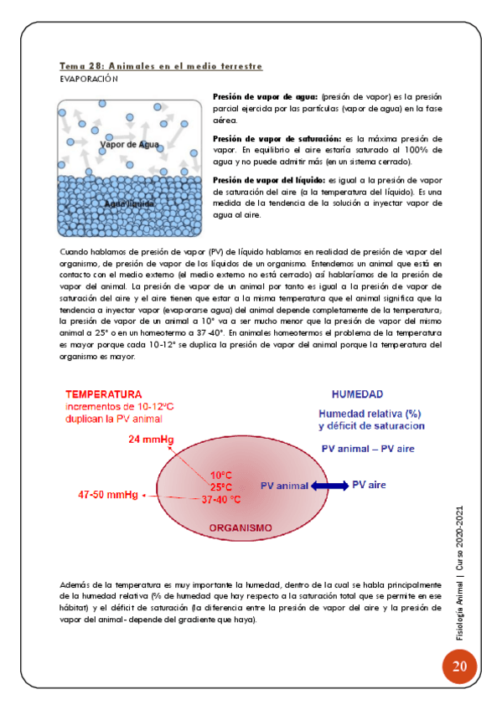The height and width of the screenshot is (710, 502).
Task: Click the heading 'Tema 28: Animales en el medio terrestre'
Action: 161,65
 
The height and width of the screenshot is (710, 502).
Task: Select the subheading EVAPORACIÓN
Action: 89,79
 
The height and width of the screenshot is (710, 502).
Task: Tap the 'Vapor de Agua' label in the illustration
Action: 130,145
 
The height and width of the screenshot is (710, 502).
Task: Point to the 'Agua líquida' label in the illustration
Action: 131,203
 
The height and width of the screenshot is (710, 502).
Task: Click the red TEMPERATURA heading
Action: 104,394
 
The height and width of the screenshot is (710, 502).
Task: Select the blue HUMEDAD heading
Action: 358,394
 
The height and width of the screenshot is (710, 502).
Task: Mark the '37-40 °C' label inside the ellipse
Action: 221,500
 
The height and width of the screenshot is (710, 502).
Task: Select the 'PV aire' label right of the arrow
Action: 369,484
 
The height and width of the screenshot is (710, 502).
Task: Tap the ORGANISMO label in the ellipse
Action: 241,528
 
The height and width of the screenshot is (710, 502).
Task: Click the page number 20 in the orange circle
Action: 458,667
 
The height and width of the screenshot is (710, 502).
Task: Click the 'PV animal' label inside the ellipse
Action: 285,485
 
